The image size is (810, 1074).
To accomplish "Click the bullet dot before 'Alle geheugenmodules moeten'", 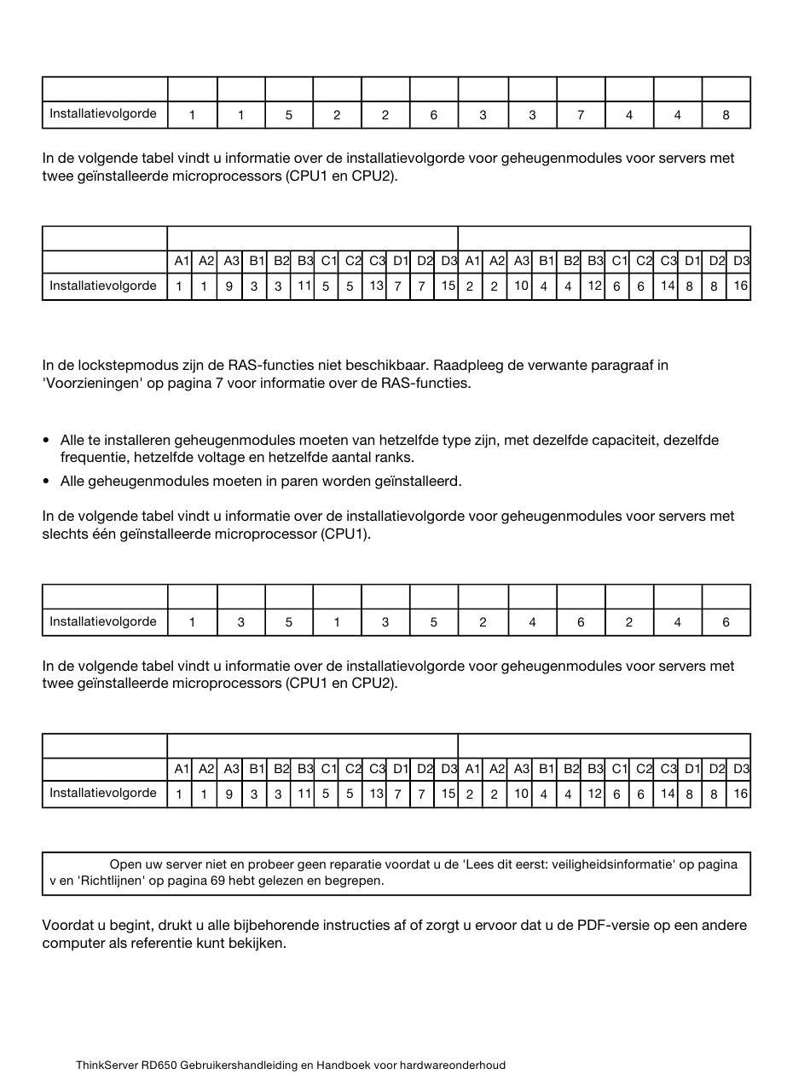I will [x=46, y=482].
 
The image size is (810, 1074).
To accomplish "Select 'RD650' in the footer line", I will [x=159, y=1065].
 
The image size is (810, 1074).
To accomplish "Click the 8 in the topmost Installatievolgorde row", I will [x=726, y=115].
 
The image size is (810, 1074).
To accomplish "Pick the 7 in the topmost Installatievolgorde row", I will [x=581, y=115].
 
